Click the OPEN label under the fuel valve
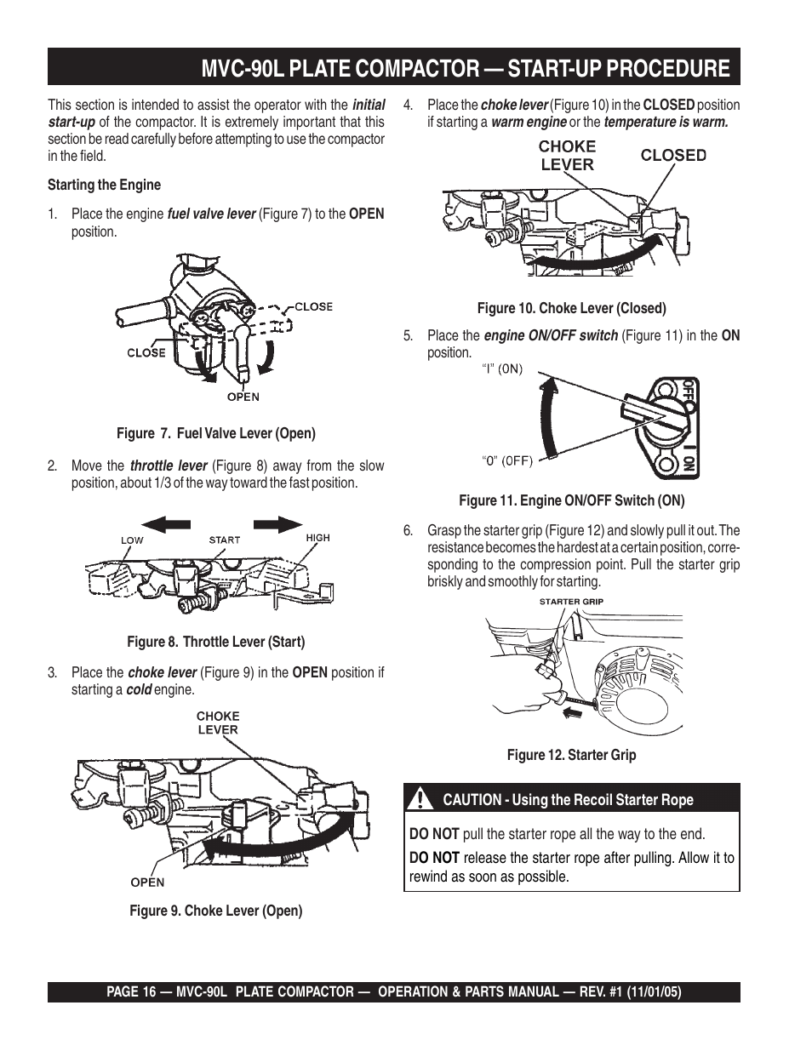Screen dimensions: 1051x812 [x=243, y=397]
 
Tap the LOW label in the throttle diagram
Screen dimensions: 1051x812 [x=132, y=540]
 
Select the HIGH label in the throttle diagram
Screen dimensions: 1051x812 [x=317, y=538]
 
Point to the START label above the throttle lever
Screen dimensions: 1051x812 [x=225, y=540]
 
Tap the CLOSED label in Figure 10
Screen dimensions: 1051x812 [x=673, y=155]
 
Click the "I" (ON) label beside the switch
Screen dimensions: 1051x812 [x=502, y=369]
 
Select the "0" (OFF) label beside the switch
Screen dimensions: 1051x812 [x=508, y=461]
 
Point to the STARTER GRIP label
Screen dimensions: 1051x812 [x=571, y=602]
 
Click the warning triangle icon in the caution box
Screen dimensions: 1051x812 [x=420, y=800]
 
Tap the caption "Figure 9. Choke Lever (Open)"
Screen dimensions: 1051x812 [x=215, y=911]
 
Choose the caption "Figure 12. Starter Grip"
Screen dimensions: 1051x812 [x=571, y=755]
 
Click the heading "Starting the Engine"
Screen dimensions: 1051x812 [x=104, y=185]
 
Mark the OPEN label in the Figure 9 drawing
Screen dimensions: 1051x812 [x=147, y=882]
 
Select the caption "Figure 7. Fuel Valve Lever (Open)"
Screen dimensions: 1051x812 [x=215, y=433]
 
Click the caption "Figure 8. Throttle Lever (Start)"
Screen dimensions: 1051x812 [x=215, y=642]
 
